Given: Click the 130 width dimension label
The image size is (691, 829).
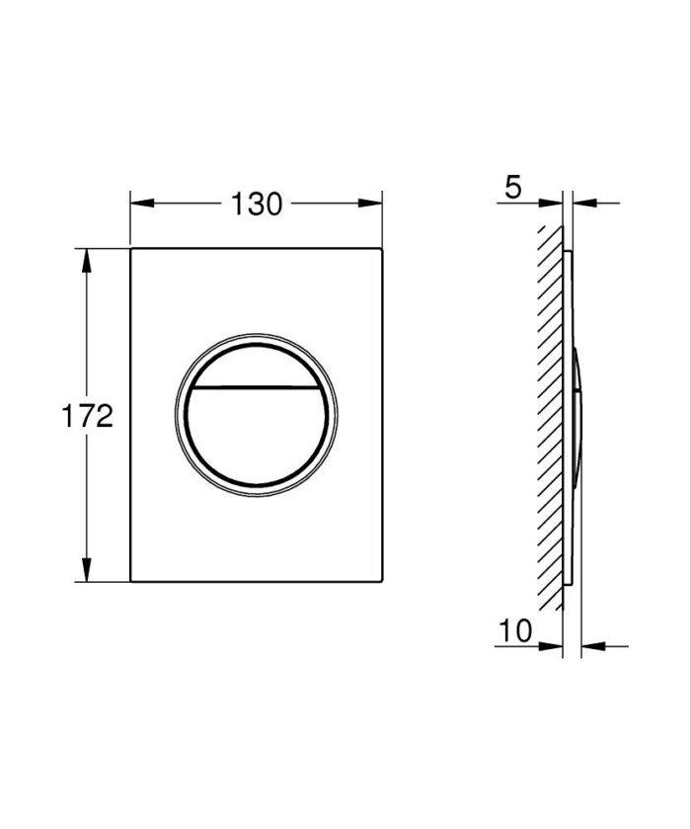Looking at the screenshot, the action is tap(257, 205).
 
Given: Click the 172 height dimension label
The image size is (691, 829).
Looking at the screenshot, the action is tap(88, 416).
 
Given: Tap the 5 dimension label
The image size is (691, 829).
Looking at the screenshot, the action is tap(513, 187).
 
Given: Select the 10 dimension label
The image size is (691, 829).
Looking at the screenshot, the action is tap(515, 630).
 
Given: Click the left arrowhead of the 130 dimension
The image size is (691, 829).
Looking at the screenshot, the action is tap(142, 203).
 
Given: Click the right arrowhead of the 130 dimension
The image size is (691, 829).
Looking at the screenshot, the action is tap(370, 203).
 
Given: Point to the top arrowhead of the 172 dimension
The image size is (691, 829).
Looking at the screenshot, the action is tap(86, 261).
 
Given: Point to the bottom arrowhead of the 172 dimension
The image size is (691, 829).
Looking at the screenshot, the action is tap(86, 569).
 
